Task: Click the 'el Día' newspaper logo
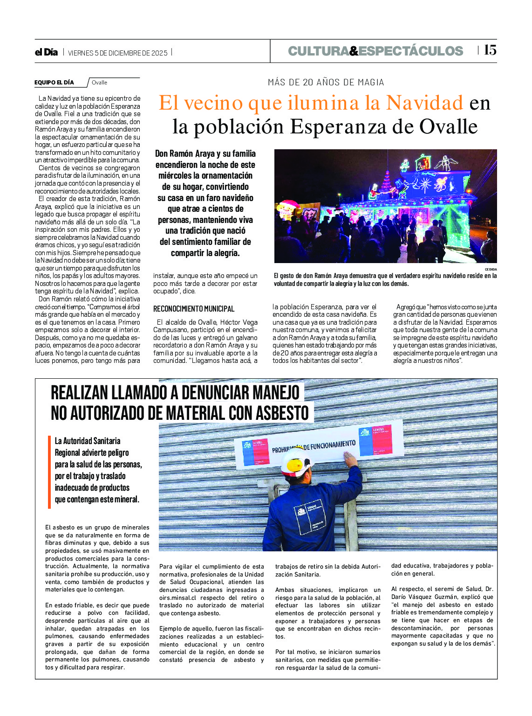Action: pyautogui.click(x=46, y=52)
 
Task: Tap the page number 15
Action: pyautogui.click(x=490, y=50)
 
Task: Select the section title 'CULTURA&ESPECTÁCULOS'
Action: pyautogui.click(x=375, y=51)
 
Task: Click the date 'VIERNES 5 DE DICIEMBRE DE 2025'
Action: pyautogui.click(x=117, y=53)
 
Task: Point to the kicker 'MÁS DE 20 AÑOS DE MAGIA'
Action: pyautogui.click(x=326, y=82)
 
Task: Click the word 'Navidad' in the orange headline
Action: pyautogui.click(x=424, y=103)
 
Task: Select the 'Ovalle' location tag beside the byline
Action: pyautogui.click(x=99, y=83)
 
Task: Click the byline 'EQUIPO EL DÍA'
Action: pyautogui.click(x=54, y=83)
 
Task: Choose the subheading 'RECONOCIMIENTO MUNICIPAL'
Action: pyautogui.click(x=194, y=309)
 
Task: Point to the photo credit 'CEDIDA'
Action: pyautogui.click(x=491, y=269)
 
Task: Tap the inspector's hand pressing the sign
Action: pyautogui.click(x=350, y=460)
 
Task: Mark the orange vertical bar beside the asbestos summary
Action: pyautogui.click(x=49, y=472)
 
